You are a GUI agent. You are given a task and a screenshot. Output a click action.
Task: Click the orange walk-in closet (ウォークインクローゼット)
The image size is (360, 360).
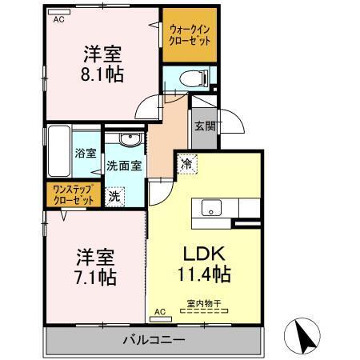click(x=190, y=37)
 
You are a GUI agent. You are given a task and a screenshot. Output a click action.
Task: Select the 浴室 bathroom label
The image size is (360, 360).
click(x=85, y=153)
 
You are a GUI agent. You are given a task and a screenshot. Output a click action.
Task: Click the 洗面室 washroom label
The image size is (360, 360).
click(x=124, y=166)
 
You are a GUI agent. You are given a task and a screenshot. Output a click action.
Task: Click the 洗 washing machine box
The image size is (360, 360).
click(x=115, y=196)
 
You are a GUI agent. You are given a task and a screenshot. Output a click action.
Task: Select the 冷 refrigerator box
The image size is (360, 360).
click(x=186, y=160)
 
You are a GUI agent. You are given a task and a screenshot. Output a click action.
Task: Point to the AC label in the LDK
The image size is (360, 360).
click(x=158, y=311)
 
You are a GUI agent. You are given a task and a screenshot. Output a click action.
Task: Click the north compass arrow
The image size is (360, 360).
click(x=306, y=334)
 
